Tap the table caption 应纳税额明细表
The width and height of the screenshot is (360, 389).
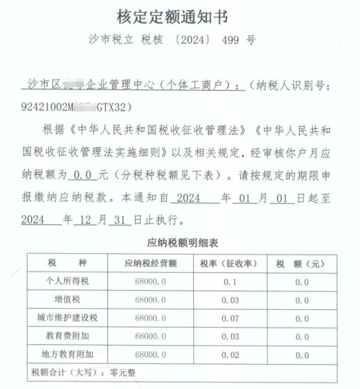[x=180, y=241]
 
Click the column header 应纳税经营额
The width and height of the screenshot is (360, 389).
[x=150, y=263]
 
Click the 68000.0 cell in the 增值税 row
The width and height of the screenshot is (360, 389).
[x=150, y=299]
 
